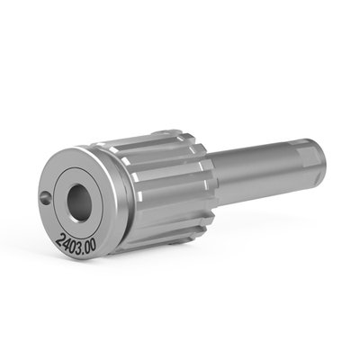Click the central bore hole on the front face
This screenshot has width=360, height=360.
[79, 203]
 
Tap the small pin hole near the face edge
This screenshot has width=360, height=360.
[45, 198]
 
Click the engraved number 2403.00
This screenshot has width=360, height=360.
[76, 243]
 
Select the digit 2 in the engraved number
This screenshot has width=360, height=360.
[59, 238]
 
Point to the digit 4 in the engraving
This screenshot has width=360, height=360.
[66, 241]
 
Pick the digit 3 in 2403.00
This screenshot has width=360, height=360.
[79, 245]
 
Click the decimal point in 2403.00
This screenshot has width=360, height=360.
[84, 249]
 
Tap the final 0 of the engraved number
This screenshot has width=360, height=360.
[94, 247]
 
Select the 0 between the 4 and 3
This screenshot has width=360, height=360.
[73, 243]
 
